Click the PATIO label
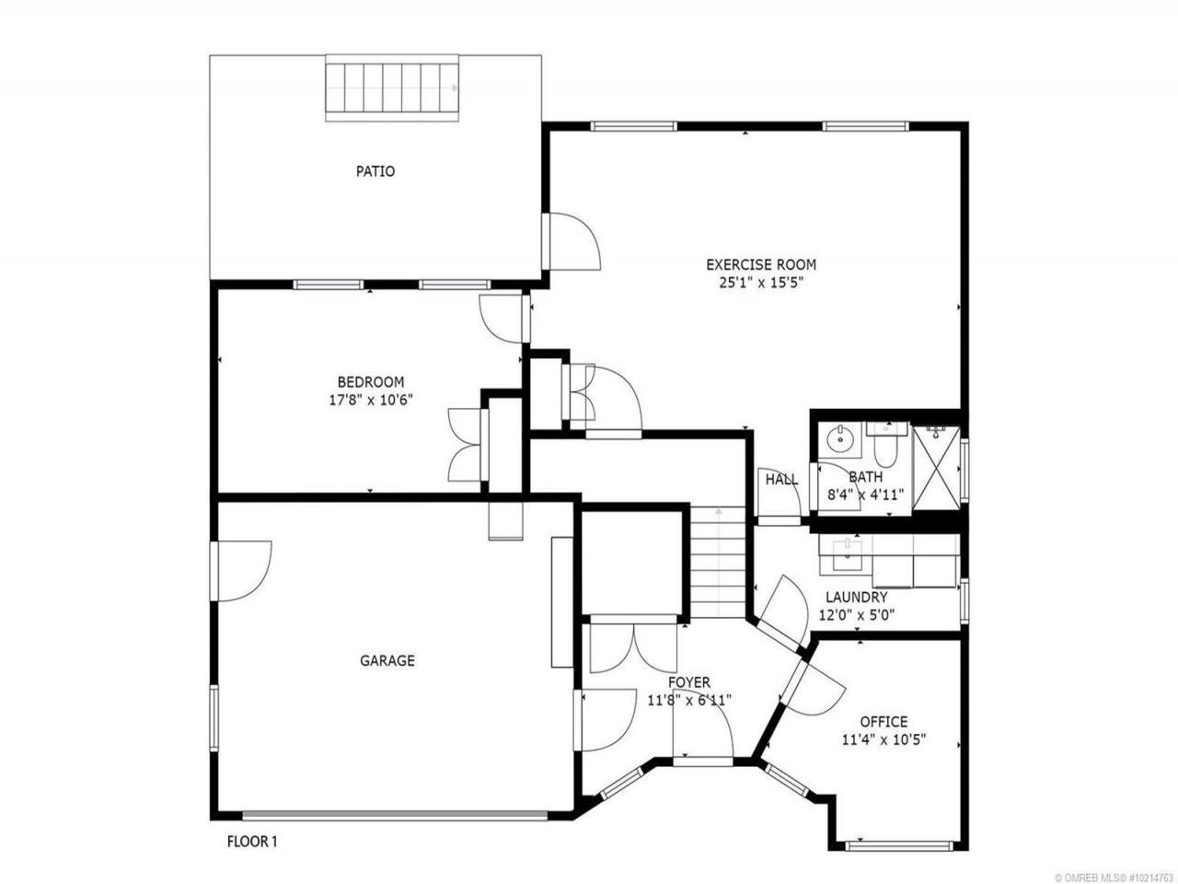375,171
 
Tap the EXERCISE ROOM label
761,264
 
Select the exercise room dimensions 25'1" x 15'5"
761,283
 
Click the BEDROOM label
370,382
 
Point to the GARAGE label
387,660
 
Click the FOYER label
689,682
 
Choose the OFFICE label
883,721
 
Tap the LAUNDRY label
857,597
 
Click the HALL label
781,480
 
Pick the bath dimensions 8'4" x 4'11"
866,494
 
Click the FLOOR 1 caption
252,841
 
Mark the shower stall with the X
936,471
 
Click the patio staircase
392,88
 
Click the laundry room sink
847,555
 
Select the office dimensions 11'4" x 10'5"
883,740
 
